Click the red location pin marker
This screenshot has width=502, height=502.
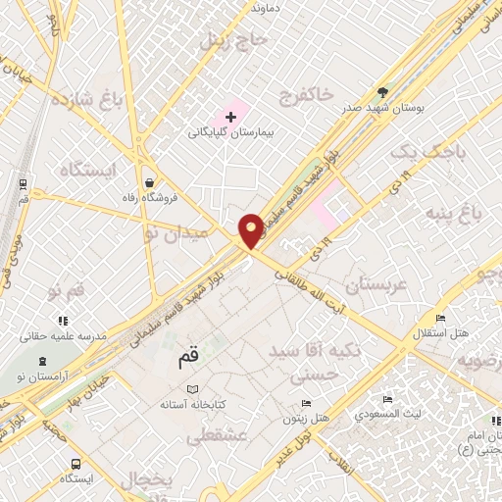[251, 230]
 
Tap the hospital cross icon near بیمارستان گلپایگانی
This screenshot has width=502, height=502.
[230, 118]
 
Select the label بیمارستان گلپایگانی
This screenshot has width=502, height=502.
[233, 131]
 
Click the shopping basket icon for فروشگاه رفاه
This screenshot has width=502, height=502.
[148, 181]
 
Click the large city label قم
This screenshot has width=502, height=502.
[194, 359]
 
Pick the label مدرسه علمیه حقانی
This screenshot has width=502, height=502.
[67, 334]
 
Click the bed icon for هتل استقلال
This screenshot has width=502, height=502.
[440, 319]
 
